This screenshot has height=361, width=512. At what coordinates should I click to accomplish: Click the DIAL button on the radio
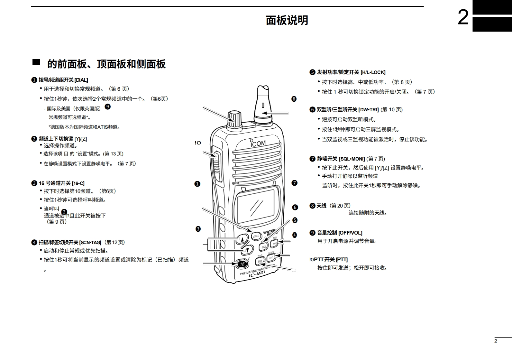click(256, 236)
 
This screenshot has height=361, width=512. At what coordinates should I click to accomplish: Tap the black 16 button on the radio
click(242, 264)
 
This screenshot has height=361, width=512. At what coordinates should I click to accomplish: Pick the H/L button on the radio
click(271, 257)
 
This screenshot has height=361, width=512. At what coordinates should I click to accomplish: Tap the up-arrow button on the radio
click(242, 239)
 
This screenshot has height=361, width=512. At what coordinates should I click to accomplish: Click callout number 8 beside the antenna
click(294, 99)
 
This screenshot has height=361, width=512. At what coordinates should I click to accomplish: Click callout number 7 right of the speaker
click(294, 183)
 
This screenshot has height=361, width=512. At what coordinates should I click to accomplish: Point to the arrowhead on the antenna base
click(264, 113)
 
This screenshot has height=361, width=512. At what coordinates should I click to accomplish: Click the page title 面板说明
click(287, 20)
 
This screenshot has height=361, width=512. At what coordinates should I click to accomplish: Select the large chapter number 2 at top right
click(463, 17)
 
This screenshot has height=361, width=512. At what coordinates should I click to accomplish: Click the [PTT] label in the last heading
click(342, 260)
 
